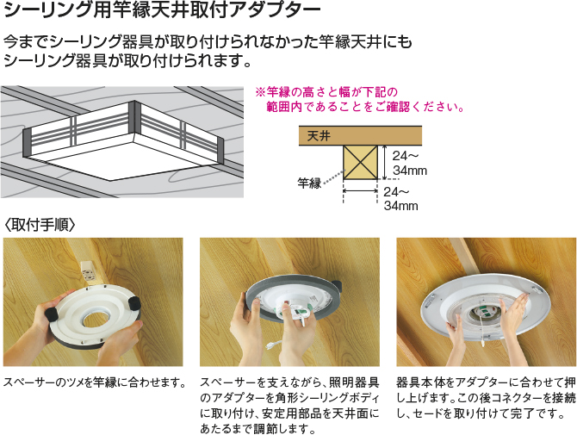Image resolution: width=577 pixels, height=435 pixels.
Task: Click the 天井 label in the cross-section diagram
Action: pos(319,136)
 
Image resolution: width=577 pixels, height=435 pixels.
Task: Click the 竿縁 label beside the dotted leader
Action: pos(309,183)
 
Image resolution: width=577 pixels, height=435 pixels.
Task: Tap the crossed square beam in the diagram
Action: pos(360,162)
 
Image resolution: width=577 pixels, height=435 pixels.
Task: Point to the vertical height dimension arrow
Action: pos(384,162)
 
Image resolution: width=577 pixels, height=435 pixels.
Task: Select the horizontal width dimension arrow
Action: pos(360,190)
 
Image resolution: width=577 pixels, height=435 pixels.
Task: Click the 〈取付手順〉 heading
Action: pos(40,224)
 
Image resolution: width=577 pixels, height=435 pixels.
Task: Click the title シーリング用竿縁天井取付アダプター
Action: pos(162,10)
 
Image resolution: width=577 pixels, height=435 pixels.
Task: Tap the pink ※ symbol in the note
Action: pos(260,92)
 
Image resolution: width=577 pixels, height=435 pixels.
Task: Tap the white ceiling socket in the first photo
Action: pos(88,273)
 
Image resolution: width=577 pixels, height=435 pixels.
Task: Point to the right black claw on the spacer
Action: pos(134,303)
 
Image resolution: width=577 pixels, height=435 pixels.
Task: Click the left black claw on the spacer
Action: pos(51,314)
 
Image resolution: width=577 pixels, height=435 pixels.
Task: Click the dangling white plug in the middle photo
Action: pos(273,345)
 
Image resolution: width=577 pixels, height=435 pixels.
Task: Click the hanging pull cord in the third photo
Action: pos(481,334)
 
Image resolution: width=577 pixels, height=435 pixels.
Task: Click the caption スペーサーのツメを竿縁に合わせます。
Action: pos(95,382)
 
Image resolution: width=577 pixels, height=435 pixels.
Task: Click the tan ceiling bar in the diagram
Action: pos(360,136)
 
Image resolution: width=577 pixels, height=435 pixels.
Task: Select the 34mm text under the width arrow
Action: pos(400,206)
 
